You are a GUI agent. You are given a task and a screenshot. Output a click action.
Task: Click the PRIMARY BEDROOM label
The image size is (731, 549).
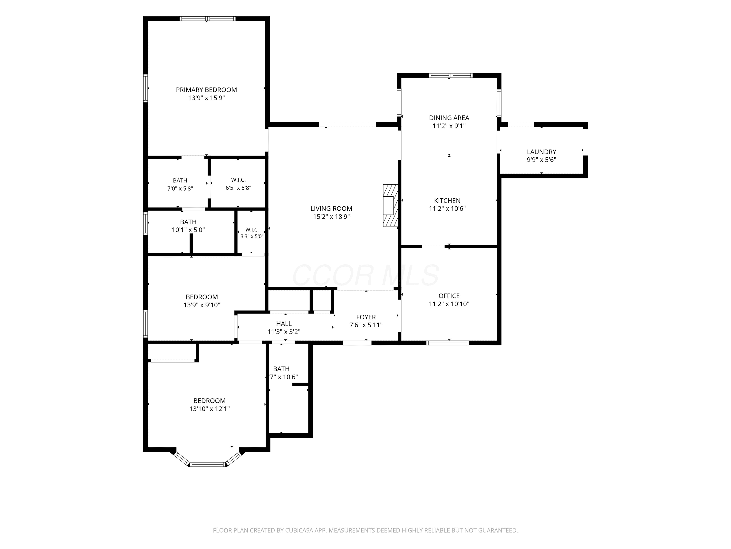206,90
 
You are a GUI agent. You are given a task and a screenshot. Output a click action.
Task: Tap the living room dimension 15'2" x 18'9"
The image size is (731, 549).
331,217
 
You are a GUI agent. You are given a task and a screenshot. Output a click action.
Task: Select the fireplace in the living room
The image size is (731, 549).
391,205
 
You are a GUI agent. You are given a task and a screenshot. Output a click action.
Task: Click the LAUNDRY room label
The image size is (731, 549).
541,152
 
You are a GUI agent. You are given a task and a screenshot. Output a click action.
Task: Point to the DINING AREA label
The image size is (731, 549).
449,118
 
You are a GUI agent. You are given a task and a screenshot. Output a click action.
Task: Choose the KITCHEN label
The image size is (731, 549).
447,201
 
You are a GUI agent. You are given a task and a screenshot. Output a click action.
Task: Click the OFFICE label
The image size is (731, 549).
449,296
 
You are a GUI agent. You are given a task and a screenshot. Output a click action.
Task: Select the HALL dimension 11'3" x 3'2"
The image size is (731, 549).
284,332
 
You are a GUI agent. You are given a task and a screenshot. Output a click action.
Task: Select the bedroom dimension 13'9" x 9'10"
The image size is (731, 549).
202,305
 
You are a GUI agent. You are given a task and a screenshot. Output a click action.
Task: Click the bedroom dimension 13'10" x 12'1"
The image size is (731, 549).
210,409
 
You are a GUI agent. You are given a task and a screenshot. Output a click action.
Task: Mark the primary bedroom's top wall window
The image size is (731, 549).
208,19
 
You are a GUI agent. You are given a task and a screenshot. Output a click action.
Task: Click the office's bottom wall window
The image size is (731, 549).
448,343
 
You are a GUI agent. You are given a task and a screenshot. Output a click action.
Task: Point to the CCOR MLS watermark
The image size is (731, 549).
365,275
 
